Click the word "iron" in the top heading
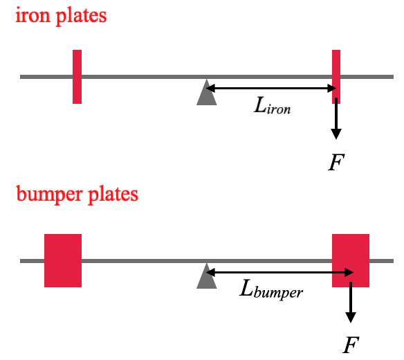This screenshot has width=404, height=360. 33,15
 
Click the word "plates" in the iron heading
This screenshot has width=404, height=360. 81,17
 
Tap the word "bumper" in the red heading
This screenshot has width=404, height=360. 49,195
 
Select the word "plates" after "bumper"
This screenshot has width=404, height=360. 113,195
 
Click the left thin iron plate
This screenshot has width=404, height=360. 77,77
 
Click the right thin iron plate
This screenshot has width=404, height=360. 336,77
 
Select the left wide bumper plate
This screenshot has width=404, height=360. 63,260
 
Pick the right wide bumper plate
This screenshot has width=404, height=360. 351,260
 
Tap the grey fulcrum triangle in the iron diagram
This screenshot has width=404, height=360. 206,93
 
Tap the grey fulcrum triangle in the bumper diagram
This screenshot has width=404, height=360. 206,276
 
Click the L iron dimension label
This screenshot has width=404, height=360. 273,105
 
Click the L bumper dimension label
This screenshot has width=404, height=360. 271,290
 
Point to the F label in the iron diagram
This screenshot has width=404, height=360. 336,162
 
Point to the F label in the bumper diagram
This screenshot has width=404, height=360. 351,345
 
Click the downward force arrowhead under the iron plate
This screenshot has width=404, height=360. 336,134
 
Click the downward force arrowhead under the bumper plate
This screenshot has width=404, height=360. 351,318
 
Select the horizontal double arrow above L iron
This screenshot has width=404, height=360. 271,88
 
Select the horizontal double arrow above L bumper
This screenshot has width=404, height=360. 279,272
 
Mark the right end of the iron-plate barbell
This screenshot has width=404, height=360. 393,77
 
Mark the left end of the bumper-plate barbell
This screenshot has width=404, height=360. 21,261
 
